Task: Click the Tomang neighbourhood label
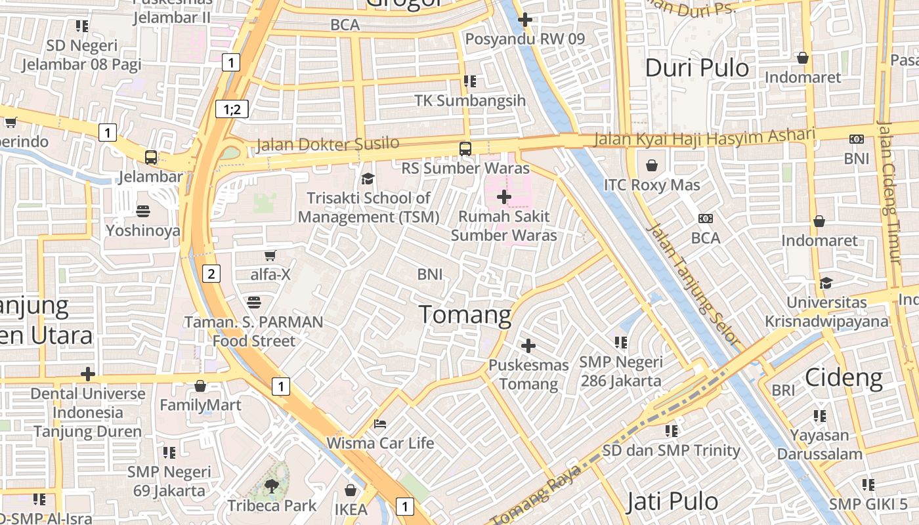[465, 315]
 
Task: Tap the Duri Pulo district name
[696, 68]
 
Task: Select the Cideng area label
[844, 377]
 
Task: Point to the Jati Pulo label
[672, 502]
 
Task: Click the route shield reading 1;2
[232, 109]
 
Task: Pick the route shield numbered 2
[211, 274]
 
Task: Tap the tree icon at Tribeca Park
[271, 486]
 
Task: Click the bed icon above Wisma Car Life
[380, 424]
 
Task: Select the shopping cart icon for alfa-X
[270, 255]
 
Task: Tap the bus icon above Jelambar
[151, 157]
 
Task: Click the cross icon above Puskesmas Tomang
[528, 346]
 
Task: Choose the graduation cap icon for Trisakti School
[368, 178]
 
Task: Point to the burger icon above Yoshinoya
[143, 211]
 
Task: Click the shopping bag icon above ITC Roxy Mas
[652, 165]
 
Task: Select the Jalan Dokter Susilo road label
[327, 144]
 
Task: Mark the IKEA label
[351, 509]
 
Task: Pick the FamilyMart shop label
[200, 405]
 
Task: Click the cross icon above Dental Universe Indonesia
[88, 374]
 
